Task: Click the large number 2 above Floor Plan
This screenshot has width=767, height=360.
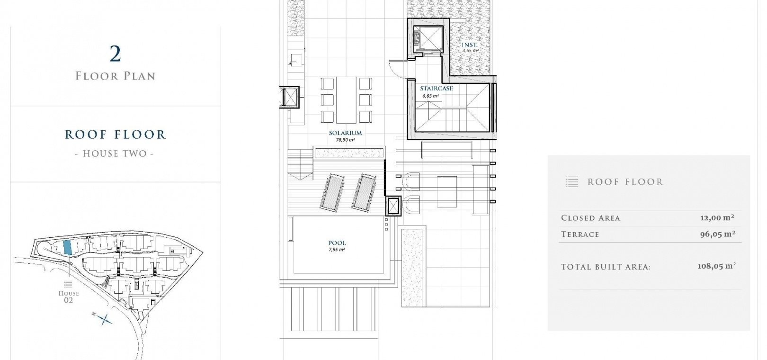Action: [x=116, y=54]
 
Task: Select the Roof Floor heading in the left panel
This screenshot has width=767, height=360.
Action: [x=116, y=135]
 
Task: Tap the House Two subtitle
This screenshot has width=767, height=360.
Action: [x=115, y=153]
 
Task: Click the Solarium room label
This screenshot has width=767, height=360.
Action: [x=345, y=133]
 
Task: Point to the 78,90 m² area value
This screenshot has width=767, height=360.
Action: [x=345, y=140]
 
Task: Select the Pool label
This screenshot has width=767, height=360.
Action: [x=337, y=243]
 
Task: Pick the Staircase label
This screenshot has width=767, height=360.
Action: [x=436, y=89]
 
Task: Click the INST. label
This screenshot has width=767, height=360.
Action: [x=470, y=45]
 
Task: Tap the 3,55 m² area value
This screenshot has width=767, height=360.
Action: [x=470, y=50]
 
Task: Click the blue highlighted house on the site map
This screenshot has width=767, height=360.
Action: [x=67, y=247]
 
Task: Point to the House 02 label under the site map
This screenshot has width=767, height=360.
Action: [x=69, y=297]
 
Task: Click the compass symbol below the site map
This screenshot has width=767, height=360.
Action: [x=103, y=319]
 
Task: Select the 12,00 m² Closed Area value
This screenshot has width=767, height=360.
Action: [x=717, y=217]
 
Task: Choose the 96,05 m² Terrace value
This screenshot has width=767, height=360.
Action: [x=718, y=234]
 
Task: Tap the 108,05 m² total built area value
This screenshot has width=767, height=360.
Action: [x=717, y=266]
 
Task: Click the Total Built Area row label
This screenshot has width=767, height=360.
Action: [x=606, y=267]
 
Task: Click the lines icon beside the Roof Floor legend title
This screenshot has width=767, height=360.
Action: [x=572, y=182]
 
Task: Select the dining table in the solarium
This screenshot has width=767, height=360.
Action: [x=346, y=100]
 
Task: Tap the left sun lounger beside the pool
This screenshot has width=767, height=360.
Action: [x=332, y=192]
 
